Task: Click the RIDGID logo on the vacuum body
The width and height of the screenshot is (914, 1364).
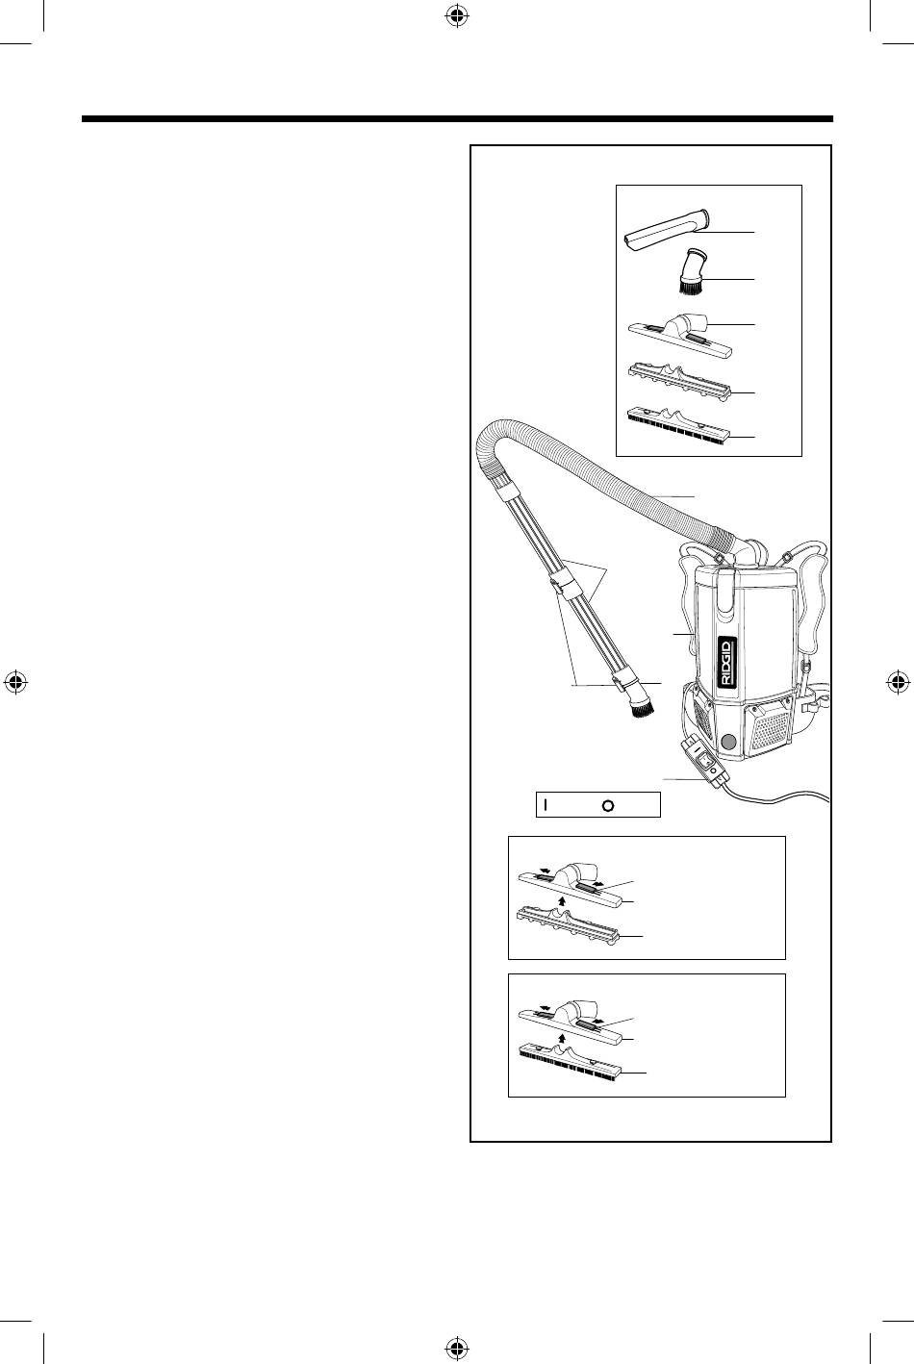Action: tap(726, 663)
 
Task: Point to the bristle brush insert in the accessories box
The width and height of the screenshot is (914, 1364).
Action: tap(677, 425)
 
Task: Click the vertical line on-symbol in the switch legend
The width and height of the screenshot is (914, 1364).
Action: tap(546, 804)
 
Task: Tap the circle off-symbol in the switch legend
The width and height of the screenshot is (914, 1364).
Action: tap(607, 805)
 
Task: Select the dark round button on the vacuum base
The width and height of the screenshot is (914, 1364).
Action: tap(727, 742)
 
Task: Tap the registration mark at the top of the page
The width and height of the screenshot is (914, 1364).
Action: tap(456, 17)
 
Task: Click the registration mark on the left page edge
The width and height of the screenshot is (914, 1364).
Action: tap(17, 681)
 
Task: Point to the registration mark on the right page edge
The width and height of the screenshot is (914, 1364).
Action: tap(897, 681)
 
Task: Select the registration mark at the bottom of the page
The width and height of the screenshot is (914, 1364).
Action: tap(456, 1347)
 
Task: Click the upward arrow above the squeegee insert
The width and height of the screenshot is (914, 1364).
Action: tap(563, 898)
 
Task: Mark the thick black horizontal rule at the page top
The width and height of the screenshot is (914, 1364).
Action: tap(457, 118)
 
